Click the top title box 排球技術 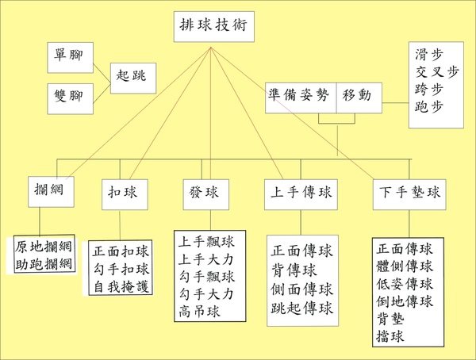pyautogui.click(x=214, y=27)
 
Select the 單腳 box pyautogui.click(x=70, y=58)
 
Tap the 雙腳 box pyautogui.click(x=70, y=99)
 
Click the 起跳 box pyautogui.click(x=133, y=79)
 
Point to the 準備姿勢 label pyautogui.click(x=298, y=95)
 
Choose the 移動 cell pyautogui.click(x=359, y=98)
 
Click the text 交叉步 pyautogui.click(x=437, y=72)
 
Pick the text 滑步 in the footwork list pyautogui.click(x=429, y=55)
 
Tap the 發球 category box pyautogui.click(x=206, y=194)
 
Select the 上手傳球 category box pyautogui.click(x=301, y=194)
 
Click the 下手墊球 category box pyautogui.click(x=409, y=194)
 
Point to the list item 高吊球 pyautogui.click(x=199, y=312)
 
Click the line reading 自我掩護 pyautogui.click(x=121, y=287)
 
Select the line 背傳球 pyautogui.click(x=294, y=270)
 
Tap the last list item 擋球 pyautogui.click(x=390, y=336)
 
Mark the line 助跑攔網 pyautogui.click(x=44, y=264)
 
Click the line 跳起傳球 pyautogui.click(x=301, y=308)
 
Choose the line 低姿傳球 pyautogui.click(x=405, y=284)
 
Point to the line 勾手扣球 pyautogui.click(x=121, y=270)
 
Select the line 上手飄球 pyautogui.click(x=206, y=242)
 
